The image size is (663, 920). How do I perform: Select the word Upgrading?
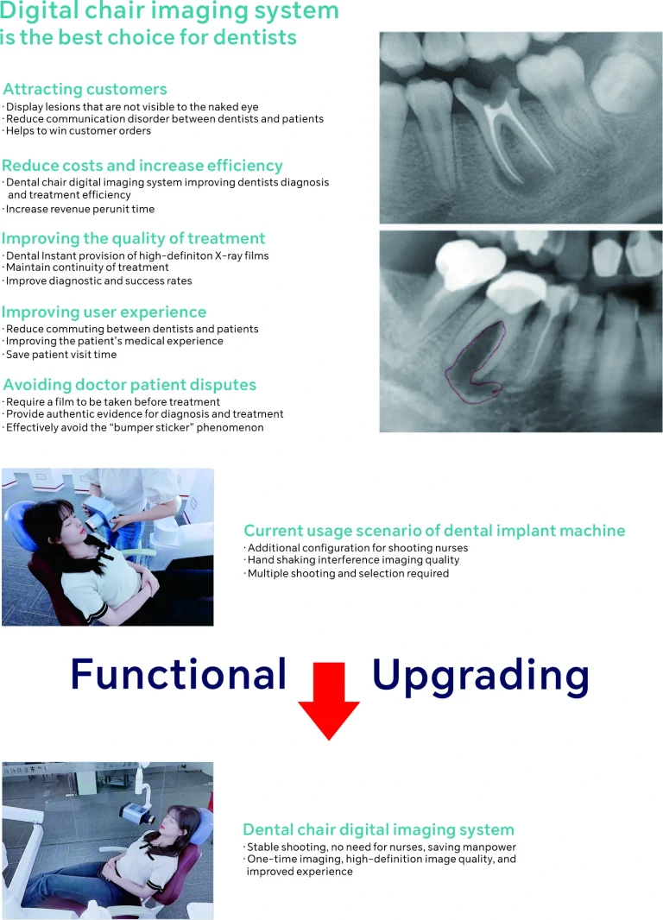pyautogui.click(x=481, y=677)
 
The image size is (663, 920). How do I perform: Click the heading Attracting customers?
pyautogui.click(x=85, y=89)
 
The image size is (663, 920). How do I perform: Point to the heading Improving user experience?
pyautogui.click(x=104, y=312)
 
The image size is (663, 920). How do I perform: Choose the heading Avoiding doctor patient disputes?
pyautogui.click(x=129, y=385)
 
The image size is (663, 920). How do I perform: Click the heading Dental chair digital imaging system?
pyautogui.click(x=378, y=829)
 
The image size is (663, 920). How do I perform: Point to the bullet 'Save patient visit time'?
pyautogui.click(x=61, y=355)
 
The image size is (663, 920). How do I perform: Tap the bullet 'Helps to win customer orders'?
pyautogui.click(x=78, y=131)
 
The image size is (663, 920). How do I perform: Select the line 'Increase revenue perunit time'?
pyautogui.click(x=79, y=209)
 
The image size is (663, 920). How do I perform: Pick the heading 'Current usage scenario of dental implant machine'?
pyautogui.click(x=434, y=531)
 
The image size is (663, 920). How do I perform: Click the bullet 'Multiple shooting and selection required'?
pyautogui.click(x=347, y=573)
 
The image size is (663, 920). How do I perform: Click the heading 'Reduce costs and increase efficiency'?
pyautogui.click(x=142, y=166)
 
